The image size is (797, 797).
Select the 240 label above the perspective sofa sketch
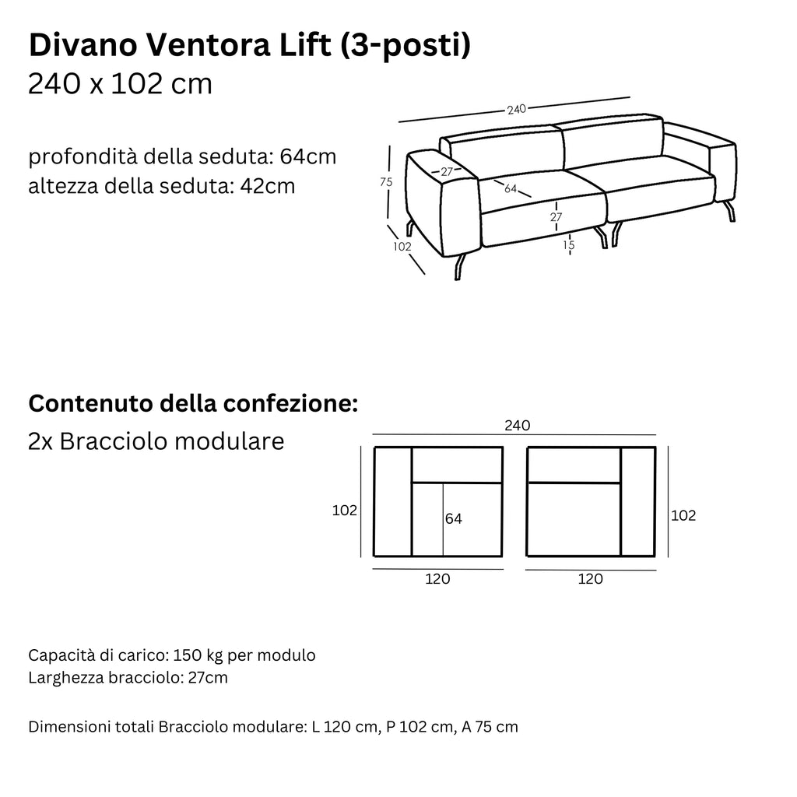coord(516,110)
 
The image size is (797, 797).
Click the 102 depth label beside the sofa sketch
coord(402,247)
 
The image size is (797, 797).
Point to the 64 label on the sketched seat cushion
coord(511,188)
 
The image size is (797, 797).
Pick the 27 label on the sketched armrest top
coord(446,171)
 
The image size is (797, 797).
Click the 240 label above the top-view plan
coord(517,425)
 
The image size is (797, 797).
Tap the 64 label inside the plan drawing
coord(454,518)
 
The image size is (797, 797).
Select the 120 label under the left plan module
coord(438,578)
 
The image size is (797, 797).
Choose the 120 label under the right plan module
coord(591,578)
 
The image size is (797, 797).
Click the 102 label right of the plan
coord(683,515)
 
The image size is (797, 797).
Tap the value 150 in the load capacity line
coord(188,655)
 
